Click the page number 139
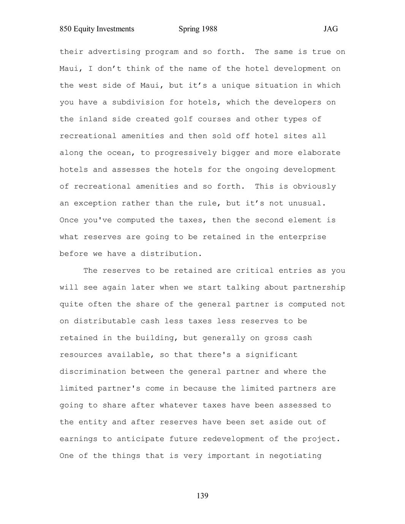[x=202, y=496]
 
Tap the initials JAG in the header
[x=331, y=29]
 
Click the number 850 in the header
[x=66, y=29]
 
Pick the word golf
[x=183, y=119]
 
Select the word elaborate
[x=319, y=153]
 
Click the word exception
[x=95, y=204]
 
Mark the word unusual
[x=307, y=204]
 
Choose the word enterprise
[x=302, y=237]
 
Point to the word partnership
[x=319, y=287]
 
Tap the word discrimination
[x=93, y=372]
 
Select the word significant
[x=271, y=355]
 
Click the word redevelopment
[x=233, y=439]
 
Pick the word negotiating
[x=295, y=456]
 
